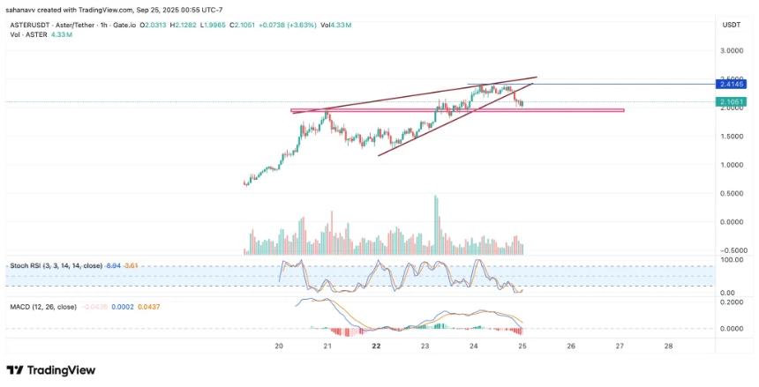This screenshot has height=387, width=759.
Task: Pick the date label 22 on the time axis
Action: [376, 346]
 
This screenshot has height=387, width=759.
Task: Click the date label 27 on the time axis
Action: [620, 346]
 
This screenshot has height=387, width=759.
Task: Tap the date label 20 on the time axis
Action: [279, 346]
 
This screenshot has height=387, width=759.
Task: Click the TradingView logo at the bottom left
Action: [51, 370]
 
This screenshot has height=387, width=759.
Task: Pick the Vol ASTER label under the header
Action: [26, 35]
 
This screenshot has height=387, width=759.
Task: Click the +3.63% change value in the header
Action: [322, 26]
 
